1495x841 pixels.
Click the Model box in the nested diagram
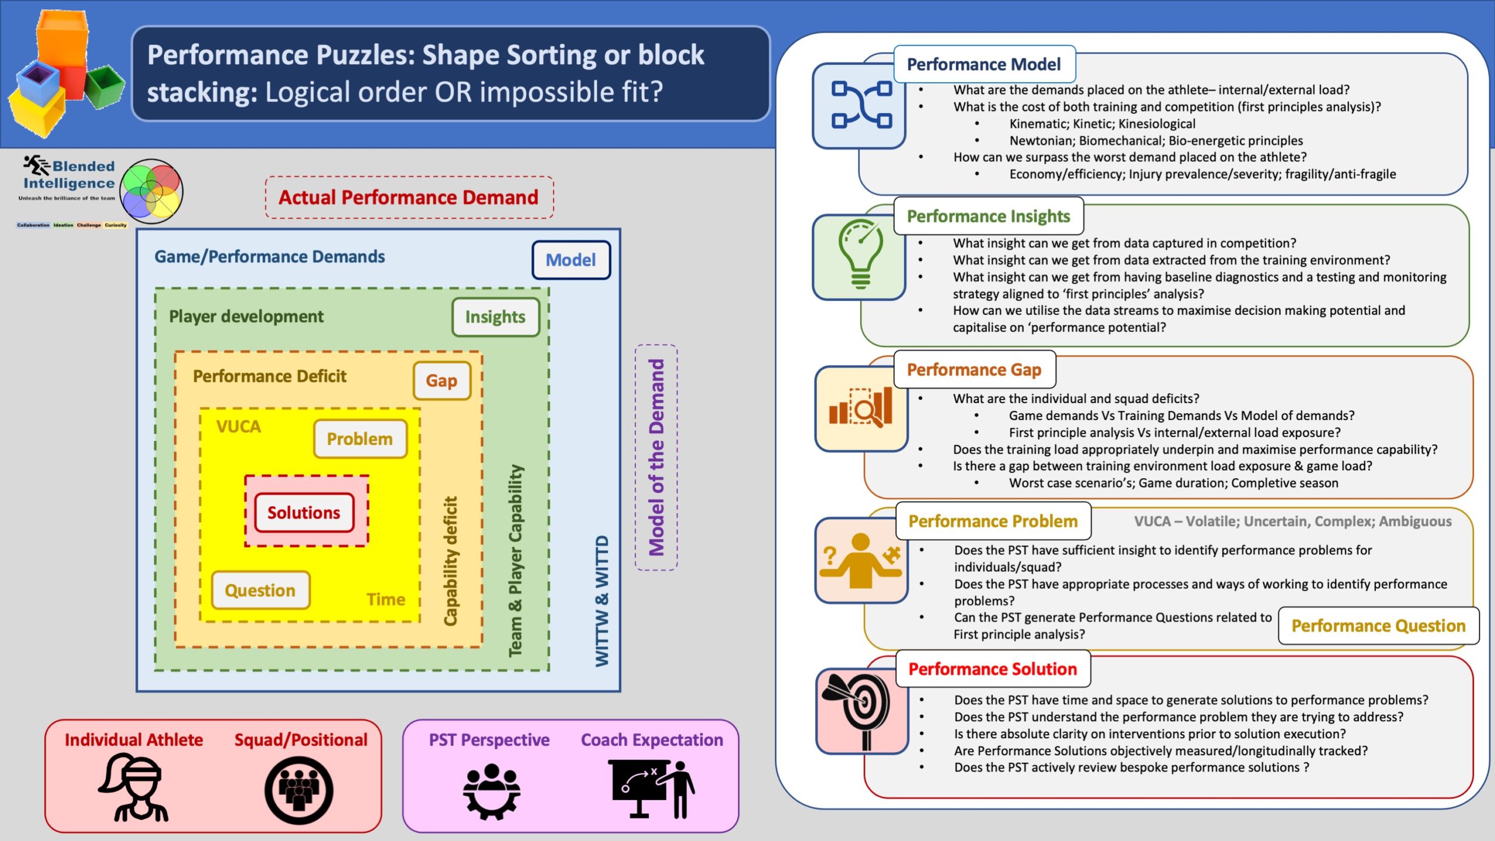(571, 260)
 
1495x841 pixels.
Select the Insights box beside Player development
(495, 317)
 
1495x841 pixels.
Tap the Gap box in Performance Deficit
(441, 381)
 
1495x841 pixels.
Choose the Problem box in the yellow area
(360, 439)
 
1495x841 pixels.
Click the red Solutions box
(304, 513)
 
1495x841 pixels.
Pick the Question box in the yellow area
(260, 590)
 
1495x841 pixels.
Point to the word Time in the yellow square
(386, 599)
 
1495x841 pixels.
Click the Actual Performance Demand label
(409, 197)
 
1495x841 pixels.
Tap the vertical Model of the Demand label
(656, 457)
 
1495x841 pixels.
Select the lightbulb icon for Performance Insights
(860, 255)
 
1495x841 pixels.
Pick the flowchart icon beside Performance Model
(861, 105)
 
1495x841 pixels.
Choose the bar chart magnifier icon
(861, 406)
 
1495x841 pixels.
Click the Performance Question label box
(1378, 626)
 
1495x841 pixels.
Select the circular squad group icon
(299, 790)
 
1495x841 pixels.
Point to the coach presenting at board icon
(651, 789)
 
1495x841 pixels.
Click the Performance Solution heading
(993, 669)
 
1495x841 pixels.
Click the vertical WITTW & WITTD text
(602, 601)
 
